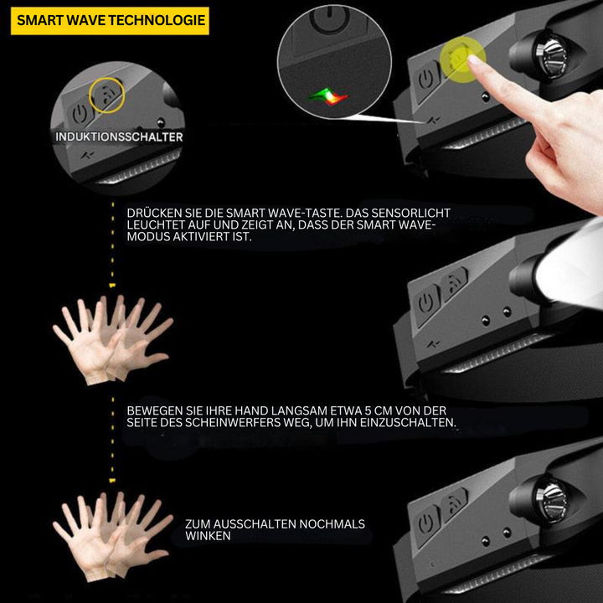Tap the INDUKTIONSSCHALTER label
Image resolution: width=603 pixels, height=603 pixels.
tap(119, 137)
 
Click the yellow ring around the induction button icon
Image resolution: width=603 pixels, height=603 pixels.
tap(106, 96)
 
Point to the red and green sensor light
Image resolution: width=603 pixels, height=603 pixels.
tap(327, 97)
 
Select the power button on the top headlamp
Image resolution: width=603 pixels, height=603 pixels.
tap(425, 80)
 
